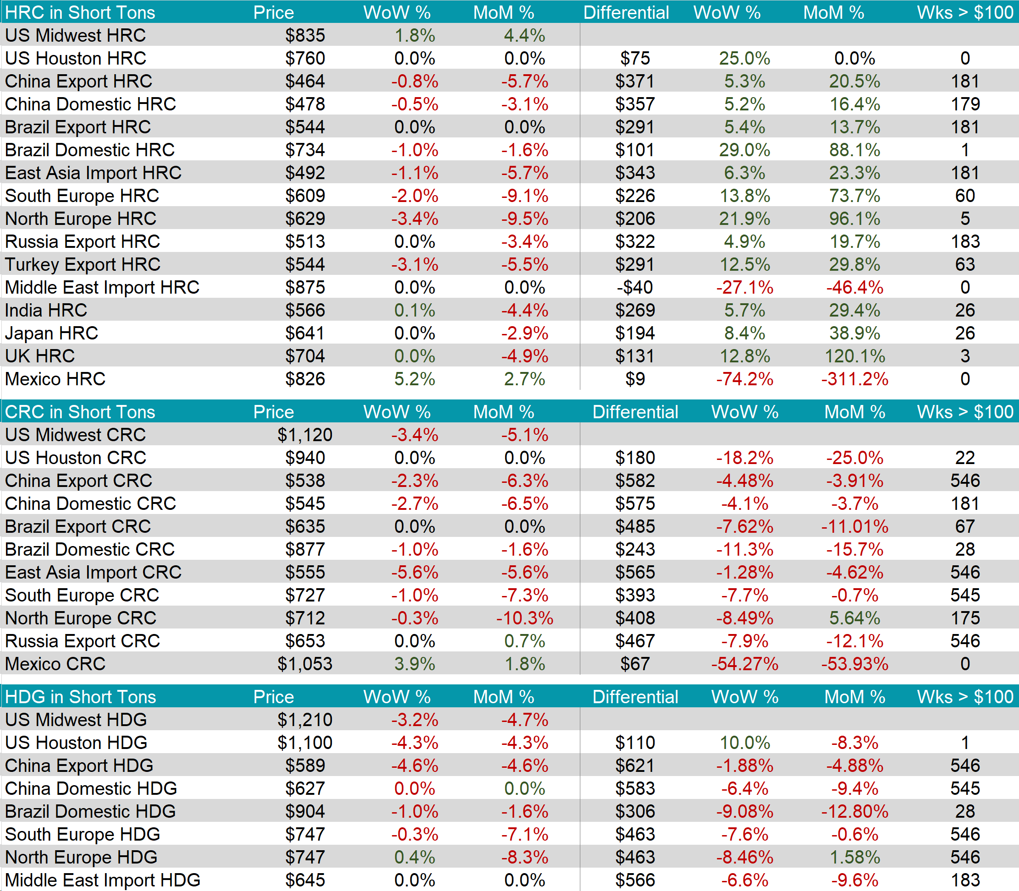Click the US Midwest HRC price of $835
coord(304,35)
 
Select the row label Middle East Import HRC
coord(102,287)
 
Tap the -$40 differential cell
coord(634,287)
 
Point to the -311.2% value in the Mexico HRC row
coord(854,379)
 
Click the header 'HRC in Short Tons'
coord(80,12)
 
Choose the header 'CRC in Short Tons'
coord(80,412)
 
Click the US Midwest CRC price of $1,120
coord(304,435)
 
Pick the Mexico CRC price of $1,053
coord(304,664)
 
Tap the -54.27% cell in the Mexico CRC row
coord(744,664)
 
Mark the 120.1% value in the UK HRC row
coord(854,356)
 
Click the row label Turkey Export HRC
coord(83,264)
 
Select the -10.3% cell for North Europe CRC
coord(524,618)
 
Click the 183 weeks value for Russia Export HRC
coord(965,241)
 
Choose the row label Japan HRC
coord(52,333)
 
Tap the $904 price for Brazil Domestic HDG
coord(304,811)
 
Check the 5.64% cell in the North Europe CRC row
coord(854,618)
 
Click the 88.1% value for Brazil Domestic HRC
coord(854,150)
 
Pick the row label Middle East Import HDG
coord(103,880)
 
